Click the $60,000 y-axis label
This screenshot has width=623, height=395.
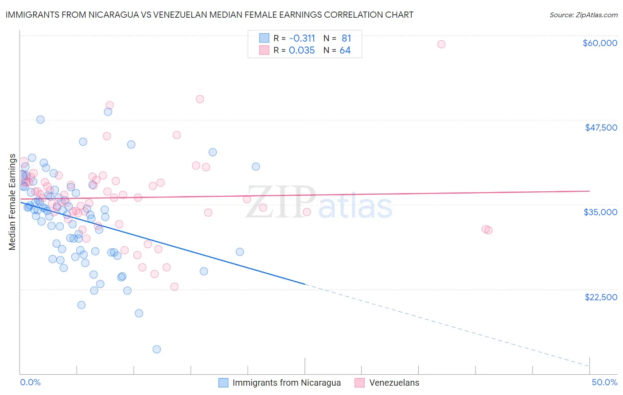tap(600, 43)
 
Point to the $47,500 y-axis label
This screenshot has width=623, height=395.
tap(601, 128)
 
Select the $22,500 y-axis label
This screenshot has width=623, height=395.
tap(601, 297)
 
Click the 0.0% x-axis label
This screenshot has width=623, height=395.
tap(30, 382)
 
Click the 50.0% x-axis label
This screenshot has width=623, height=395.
tap(604, 382)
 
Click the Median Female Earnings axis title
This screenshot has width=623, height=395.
tap(12, 202)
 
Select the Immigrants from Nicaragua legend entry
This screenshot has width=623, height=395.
tap(286, 383)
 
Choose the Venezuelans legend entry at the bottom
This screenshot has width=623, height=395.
tap(394, 383)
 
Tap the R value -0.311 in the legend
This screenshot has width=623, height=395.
tap(302, 38)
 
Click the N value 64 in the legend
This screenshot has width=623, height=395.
tap(345, 50)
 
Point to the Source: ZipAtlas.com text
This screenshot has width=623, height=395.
tap(583, 15)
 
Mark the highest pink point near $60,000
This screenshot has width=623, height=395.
tap(441, 44)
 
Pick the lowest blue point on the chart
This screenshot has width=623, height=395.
tap(156, 349)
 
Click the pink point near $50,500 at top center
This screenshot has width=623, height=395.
tap(200, 99)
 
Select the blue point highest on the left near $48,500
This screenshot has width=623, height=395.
tap(40, 120)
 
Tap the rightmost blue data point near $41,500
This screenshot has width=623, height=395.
tap(256, 167)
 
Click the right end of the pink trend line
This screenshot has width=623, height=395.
tap(589, 191)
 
